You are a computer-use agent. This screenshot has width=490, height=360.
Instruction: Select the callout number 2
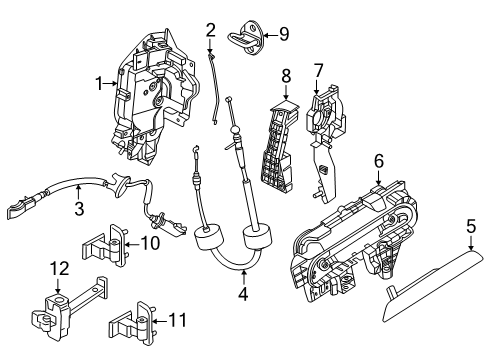(211, 29)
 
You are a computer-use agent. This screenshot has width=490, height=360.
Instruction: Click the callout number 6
(379, 159)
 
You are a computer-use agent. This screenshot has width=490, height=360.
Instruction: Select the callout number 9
(283, 34)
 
